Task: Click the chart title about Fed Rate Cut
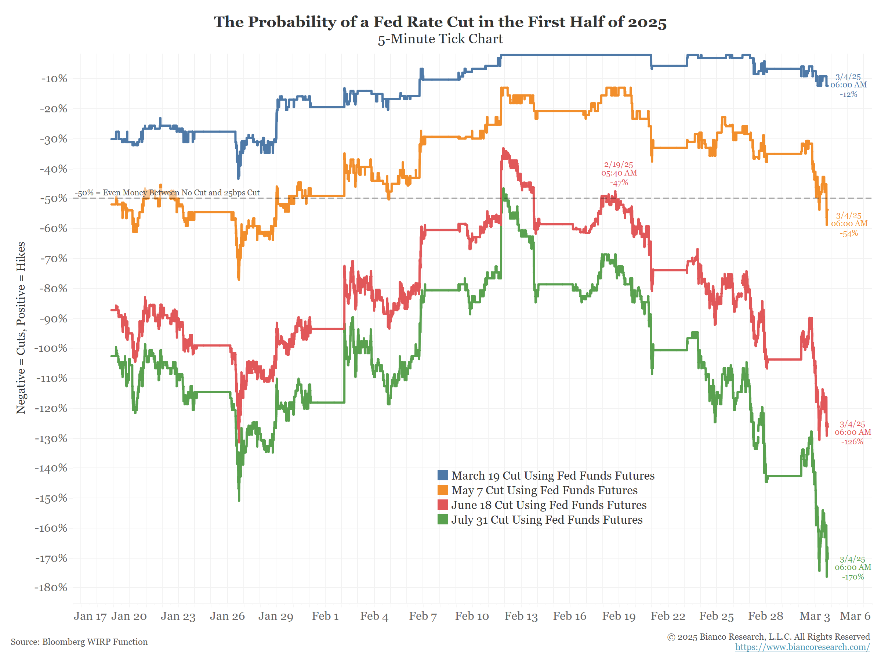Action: (440, 22)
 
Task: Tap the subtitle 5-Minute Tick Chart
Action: (440, 39)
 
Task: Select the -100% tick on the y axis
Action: (51, 348)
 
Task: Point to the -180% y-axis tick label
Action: (51, 588)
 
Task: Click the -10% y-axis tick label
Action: (54, 79)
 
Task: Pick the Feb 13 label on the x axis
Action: (521, 616)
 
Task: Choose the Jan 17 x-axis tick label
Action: (90, 616)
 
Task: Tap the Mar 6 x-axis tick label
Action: (855, 616)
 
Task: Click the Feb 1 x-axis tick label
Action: (325, 616)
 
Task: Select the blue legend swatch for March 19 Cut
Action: (442, 475)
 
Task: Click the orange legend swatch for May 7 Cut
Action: (442, 490)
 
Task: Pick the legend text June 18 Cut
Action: (549, 505)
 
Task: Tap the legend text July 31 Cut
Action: (547, 520)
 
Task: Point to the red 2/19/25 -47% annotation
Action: (619, 173)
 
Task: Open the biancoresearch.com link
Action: (802, 647)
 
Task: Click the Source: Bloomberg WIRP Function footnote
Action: (79, 642)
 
